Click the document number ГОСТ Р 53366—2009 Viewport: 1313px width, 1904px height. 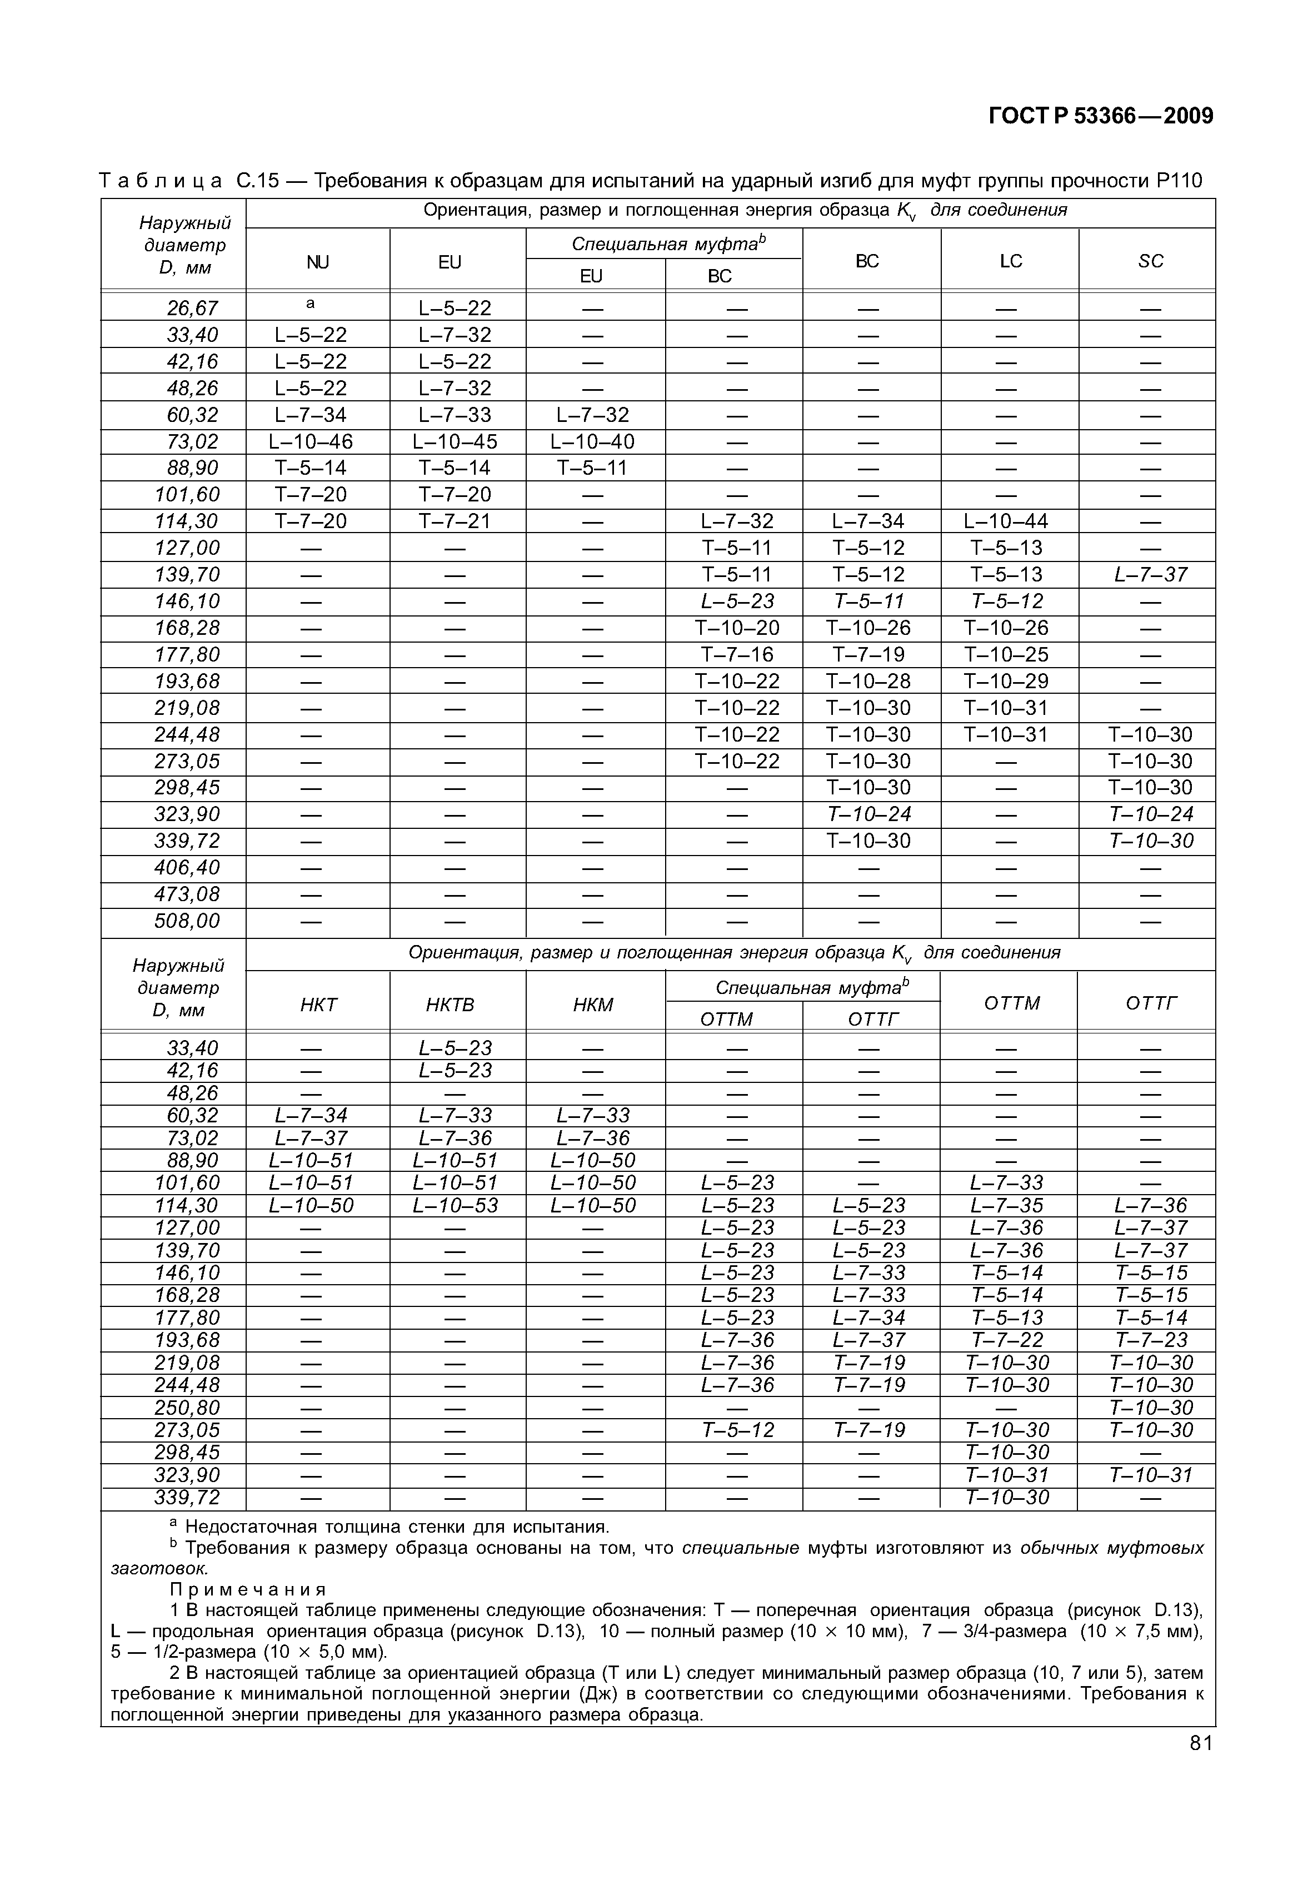coord(1100,116)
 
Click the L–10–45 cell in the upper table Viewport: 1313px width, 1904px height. coord(455,442)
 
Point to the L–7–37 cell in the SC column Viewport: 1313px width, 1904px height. coord(1150,574)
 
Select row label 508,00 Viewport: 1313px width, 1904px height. coord(188,921)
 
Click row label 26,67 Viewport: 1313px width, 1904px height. coord(192,308)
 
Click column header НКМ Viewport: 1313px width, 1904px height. coord(593,1005)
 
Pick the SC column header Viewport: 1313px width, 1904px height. coord(1150,261)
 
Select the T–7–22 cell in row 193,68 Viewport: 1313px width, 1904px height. coord(1007,1340)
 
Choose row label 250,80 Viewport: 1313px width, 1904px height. coord(188,1408)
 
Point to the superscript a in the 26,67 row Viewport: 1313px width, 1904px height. coord(310,304)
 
